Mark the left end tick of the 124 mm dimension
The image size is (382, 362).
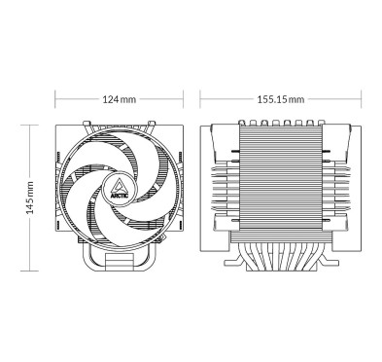pyautogui.click(x=56, y=100)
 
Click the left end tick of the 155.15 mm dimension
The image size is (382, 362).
pyautogui.click(x=199, y=100)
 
